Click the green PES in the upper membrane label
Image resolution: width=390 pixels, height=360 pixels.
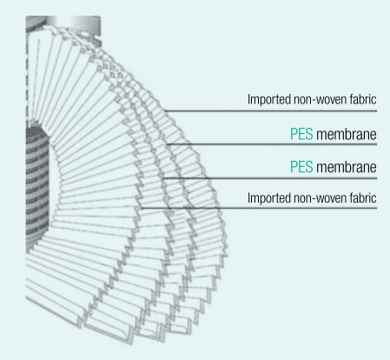(x=301, y=134)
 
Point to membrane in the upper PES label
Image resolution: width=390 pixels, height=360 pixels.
(x=347, y=134)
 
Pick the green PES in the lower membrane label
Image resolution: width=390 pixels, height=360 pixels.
(x=301, y=167)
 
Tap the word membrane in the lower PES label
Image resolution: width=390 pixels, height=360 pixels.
(x=347, y=167)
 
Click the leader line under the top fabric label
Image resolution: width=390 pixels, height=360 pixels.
(x=271, y=110)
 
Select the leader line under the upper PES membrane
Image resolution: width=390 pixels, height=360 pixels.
(x=272, y=144)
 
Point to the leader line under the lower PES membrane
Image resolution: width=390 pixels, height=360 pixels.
(x=270, y=178)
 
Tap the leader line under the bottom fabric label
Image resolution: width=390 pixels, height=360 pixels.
(x=259, y=208)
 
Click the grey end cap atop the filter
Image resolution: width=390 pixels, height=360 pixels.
(x=63, y=23)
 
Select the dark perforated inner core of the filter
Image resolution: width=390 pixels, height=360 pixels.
(x=37, y=185)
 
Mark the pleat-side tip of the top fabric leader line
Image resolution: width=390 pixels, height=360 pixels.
(x=165, y=110)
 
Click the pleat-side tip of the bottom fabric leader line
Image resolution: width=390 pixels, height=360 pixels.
(x=141, y=208)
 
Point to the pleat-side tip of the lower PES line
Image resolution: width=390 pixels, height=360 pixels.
(x=163, y=178)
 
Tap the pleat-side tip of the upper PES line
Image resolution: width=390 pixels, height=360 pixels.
(x=167, y=144)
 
